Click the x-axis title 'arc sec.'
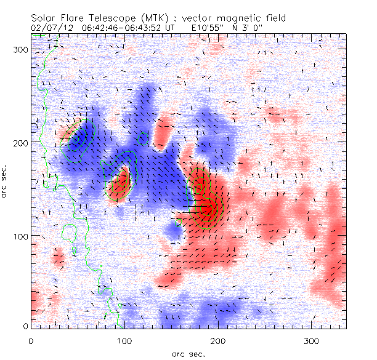188,354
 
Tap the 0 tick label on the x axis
31,340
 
